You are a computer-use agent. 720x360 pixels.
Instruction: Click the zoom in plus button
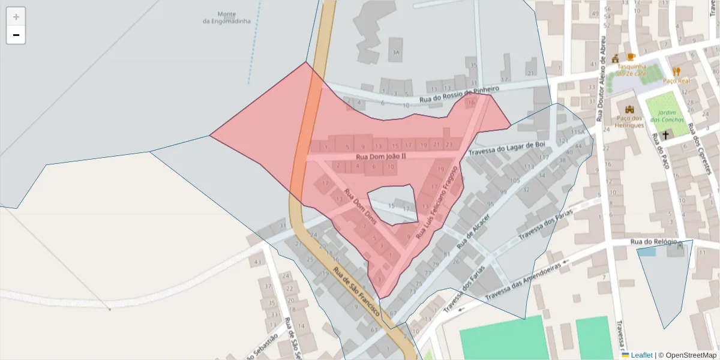(x=16, y=17)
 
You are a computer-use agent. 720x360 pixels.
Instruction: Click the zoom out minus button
(x=16, y=35)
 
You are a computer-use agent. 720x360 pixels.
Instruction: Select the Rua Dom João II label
(x=381, y=156)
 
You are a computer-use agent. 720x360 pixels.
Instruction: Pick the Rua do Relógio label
(x=653, y=242)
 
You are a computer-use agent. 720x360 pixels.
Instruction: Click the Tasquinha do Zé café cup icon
(x=631, y=57)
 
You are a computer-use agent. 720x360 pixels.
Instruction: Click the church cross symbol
(x=665, y=136)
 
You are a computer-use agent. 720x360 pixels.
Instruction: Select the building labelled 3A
(x=395, y=52)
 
